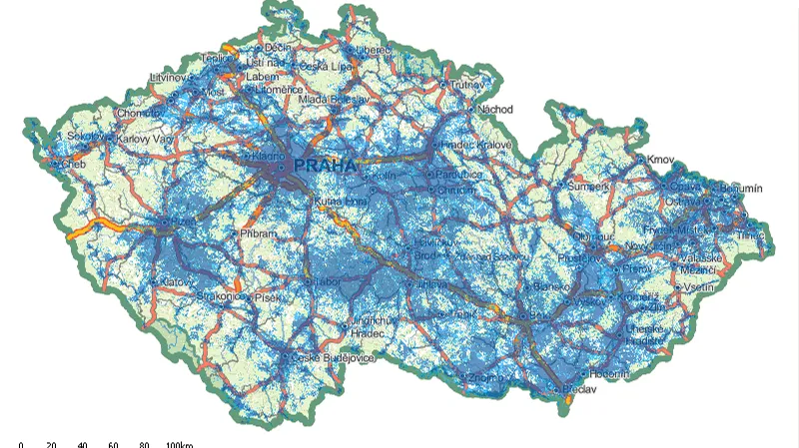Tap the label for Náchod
pos(493,108)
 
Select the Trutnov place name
pos(468,86)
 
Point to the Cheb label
pos(74,164)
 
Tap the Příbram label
pos(255,232)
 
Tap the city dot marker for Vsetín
pos(678,287)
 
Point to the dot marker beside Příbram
pos(234,232)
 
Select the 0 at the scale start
pos(20,443)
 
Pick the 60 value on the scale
pos(113,443)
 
